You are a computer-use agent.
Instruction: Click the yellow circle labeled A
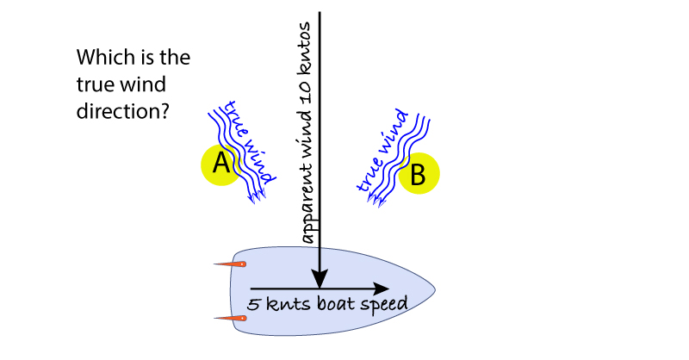click(221, 164)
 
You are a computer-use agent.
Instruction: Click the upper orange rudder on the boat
click(231, 264)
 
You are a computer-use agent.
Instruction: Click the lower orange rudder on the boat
click(231, 319)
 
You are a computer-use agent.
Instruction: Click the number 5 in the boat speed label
click(252, 305)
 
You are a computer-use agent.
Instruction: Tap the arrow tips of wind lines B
click(376, 200)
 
